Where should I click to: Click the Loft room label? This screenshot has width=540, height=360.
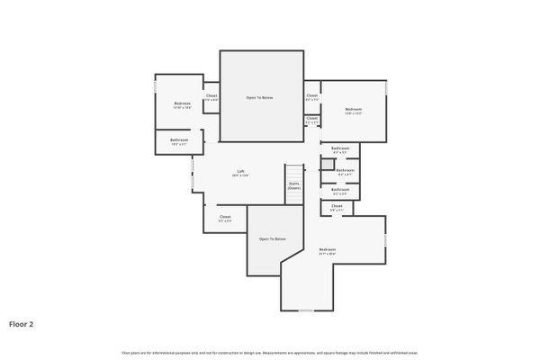click(x=240, y=171)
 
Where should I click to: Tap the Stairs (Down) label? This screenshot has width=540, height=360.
click(x=294, y=185)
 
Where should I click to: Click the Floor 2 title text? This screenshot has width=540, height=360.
click(x=22, y=323)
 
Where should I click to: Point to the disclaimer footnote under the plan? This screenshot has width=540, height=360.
click(x=269, y=352)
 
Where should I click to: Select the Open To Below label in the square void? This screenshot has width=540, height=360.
click(x=260, y=97)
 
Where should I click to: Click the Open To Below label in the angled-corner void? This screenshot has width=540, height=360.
click(x=273, y=238)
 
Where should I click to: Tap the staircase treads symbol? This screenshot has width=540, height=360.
click(x=295, y=172)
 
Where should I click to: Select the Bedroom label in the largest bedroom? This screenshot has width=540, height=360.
click(x=327, y=249)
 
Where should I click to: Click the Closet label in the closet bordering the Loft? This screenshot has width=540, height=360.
click(x=225, y=216)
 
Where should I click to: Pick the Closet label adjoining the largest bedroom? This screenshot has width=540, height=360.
click(x=337, y=206)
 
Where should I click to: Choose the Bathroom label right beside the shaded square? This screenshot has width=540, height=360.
click(x=346, y=169)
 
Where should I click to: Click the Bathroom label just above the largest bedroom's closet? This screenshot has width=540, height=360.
click(x=340, y=189)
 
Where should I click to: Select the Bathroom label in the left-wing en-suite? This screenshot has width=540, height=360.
click(x=179, y=139)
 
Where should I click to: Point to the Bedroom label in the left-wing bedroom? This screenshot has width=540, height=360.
click(x=182, y=103)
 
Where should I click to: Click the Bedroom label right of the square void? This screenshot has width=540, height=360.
click(x=353, y=110)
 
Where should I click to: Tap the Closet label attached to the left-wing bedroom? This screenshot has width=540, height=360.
click(x=211, y=95)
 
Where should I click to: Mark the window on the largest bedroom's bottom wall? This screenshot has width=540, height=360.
click(x=306, y=310)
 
